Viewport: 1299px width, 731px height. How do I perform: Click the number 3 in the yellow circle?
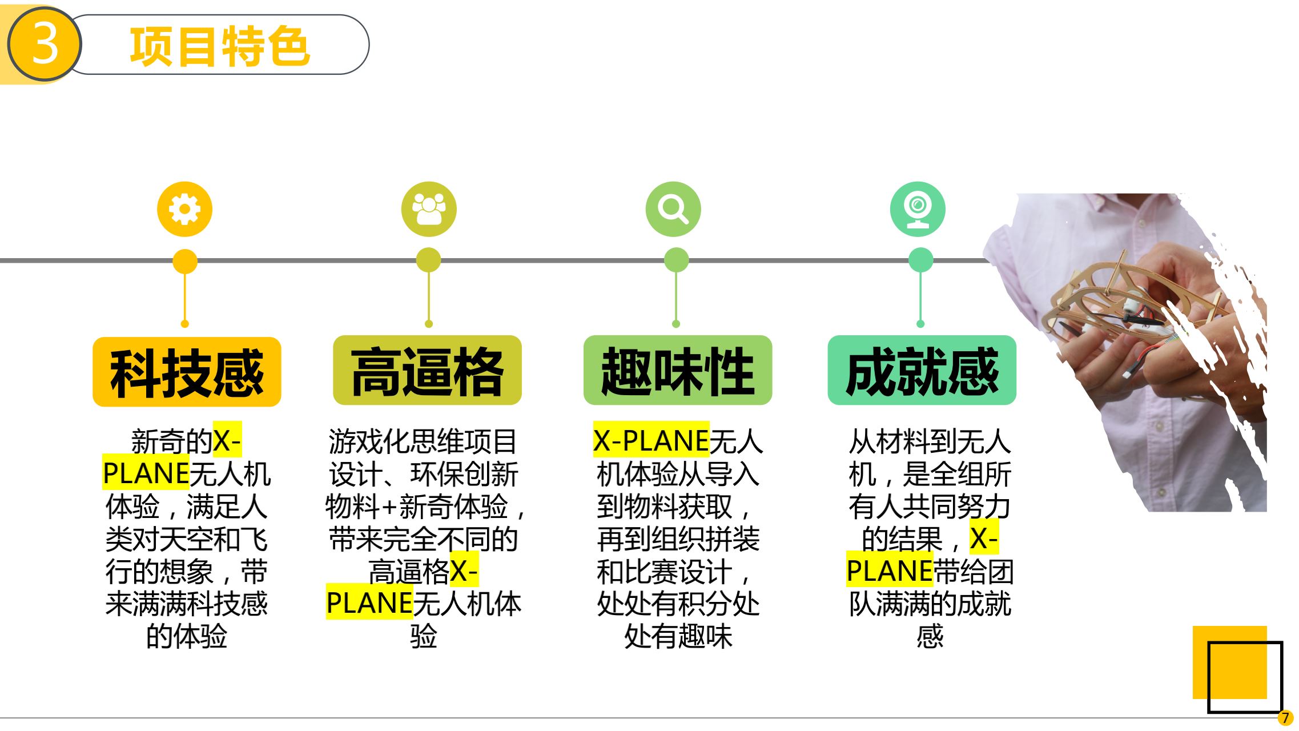(x=45, y=44)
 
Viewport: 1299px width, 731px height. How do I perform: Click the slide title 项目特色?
(x=220, y=46)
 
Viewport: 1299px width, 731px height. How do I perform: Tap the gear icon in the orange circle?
(x=184, y=209)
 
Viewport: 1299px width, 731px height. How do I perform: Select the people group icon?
(x=429, y=209)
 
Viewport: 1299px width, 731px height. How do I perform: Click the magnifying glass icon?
(x=673, y=209)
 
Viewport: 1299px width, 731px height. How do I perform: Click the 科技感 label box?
(x=187, y=372)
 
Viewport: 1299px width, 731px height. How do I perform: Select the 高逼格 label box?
(x=427, y=371)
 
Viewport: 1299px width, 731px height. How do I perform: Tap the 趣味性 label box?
(x=678, y=371)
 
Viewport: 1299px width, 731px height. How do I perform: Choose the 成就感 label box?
(x=922, y=371)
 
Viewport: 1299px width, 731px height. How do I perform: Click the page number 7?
(x=1285, y=718)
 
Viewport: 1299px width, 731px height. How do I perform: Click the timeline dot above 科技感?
(x=184, y=262)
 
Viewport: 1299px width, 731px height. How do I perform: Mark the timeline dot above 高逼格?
(x=428, y=260)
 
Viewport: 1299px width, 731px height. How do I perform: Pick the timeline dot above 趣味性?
(x=676, y=260)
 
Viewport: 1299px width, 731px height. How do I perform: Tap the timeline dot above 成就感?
(x=920, y=260)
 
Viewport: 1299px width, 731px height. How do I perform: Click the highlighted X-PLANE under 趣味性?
(x=651, y=441)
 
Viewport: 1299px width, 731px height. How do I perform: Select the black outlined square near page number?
(x=1245, y=677)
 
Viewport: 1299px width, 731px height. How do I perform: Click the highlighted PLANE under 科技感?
(x=146, y=473)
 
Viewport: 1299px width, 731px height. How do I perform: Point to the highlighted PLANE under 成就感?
(x=890, y=571)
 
